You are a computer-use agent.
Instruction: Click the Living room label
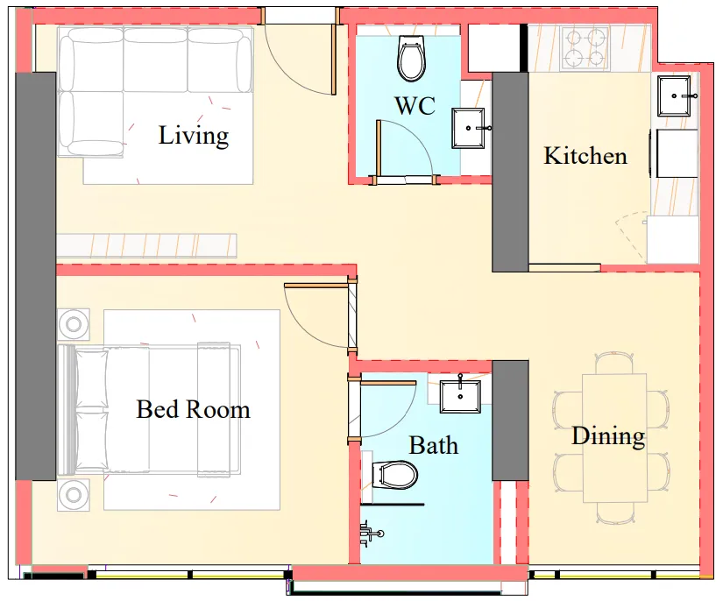pos(193,136)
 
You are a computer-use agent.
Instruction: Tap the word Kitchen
pos(585,156)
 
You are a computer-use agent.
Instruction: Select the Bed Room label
pos(193,409)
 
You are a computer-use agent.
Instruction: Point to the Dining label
pos(608,435)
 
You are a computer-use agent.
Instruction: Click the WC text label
pos(415,106)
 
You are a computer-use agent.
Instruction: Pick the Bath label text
pos(433,445)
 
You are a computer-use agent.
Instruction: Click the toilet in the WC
pos(410,59)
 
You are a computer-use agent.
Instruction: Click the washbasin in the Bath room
pos(458,395)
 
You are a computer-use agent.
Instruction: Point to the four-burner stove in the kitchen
pos(585,48)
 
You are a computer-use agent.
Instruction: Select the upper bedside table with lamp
pos(74,325)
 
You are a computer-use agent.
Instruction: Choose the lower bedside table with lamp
pos(74,495)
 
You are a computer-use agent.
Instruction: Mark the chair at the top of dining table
pos(613,363)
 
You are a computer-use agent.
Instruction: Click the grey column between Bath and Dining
pos(510,420)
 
